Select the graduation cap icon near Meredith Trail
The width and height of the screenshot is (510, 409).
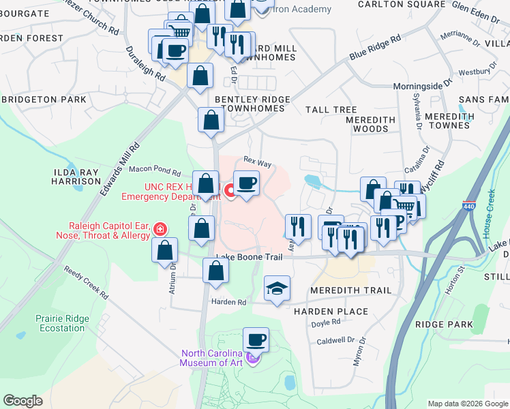coord(277,290)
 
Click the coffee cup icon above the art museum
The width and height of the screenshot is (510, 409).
coord(256,339)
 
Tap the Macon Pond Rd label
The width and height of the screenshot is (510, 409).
coord(154,173)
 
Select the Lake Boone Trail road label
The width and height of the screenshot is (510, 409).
coord(249,257)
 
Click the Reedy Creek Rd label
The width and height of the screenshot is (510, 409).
coord(87,282)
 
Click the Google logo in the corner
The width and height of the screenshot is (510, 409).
coord(22,401)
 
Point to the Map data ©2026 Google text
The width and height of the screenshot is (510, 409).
coord(468,403)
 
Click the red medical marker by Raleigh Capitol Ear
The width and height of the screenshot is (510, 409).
coord(160,229)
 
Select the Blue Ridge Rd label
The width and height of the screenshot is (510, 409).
coord(374,48)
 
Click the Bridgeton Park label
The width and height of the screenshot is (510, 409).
coord(44,100)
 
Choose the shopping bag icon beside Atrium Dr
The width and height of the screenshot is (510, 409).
coord(165,251)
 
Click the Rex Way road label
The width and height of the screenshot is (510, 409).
coord(258,164)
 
